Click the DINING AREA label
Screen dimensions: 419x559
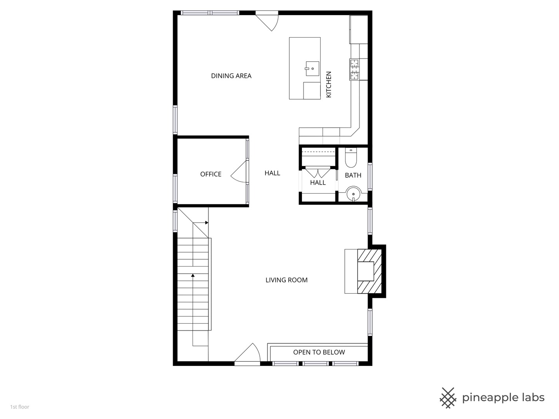[231, 76]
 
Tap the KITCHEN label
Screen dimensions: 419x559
[329, 84]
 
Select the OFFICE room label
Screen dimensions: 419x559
[211, 174]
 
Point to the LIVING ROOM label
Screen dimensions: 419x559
[286, 280]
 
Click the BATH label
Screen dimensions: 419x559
[353, 175]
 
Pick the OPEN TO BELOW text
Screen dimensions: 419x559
[319, 352]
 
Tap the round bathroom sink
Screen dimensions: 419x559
[354, 194]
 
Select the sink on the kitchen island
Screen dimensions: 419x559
[312, 69]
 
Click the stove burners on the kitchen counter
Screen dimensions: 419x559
[354, 69]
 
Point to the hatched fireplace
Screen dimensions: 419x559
[369, 271]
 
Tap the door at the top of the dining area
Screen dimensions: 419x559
[268, 21]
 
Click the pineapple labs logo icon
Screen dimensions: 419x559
[448, 398]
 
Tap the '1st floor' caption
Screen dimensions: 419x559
[20, 407]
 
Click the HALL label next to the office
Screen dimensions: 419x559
[272, 173]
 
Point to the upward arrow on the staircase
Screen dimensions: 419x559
[193, 275]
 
